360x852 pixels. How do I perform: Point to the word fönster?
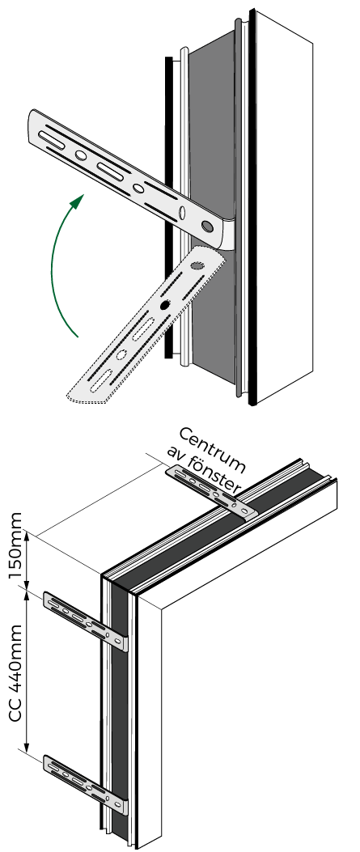click(210, 473)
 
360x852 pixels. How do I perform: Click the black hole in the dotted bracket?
click(164, 307)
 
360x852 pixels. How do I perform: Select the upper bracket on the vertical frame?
click(86, 621)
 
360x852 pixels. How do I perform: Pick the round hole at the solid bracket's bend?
click(207, 225)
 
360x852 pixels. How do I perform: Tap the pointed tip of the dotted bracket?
click(67, 396)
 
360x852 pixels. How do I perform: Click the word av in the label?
click(175, 457)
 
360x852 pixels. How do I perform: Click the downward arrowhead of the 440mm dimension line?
click(27, 745)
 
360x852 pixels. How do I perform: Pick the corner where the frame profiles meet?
click(104, 574)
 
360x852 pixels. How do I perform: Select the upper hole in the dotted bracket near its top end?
click(197, 266)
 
